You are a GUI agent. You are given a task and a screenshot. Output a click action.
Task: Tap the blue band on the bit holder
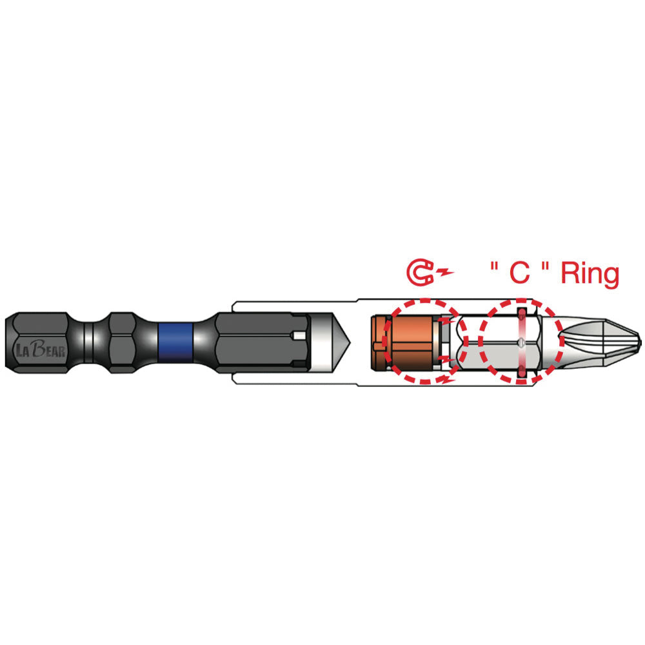pos(175,342)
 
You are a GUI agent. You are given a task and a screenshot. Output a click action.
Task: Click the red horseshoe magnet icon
pos(420,272)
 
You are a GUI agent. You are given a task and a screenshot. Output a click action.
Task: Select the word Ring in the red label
pos(590,273)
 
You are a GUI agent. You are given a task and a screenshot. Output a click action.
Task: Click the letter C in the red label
pos(519,272)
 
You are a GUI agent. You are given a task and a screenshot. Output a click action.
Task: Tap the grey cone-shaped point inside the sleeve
pos(331,342)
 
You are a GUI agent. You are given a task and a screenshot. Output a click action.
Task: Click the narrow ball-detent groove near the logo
pos(88,342)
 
